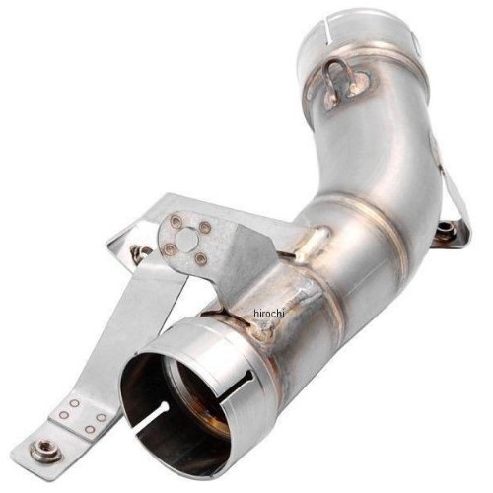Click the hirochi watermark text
point(269,314)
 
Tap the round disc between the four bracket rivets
point(185,238)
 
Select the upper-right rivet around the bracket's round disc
point(205,226)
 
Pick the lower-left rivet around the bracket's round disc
point(168,248)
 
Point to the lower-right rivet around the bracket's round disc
point(198,260)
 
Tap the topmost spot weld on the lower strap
point(75,403)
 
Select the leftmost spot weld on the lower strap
point(63,415)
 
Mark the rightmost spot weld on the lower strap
point(102,417)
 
